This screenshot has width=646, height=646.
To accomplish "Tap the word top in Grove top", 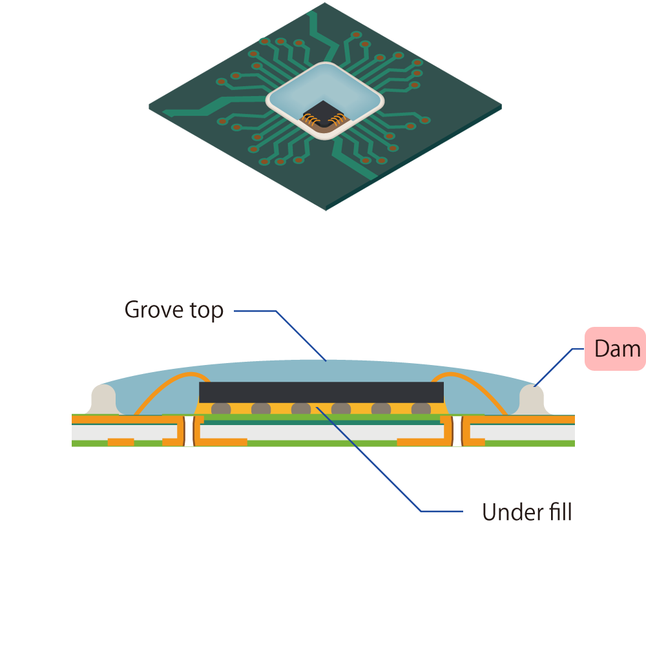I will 203,311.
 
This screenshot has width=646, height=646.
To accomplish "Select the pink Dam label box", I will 615,349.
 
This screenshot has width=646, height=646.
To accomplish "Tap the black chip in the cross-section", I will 321,391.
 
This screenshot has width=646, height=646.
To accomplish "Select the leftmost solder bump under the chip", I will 221,409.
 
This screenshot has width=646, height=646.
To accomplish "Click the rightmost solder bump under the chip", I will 421,409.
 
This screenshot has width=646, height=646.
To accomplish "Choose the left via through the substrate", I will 189,431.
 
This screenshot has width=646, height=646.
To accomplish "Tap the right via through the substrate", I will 457,431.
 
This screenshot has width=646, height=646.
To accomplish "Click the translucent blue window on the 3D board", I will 323,90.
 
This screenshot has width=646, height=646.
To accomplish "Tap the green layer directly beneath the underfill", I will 321,418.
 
